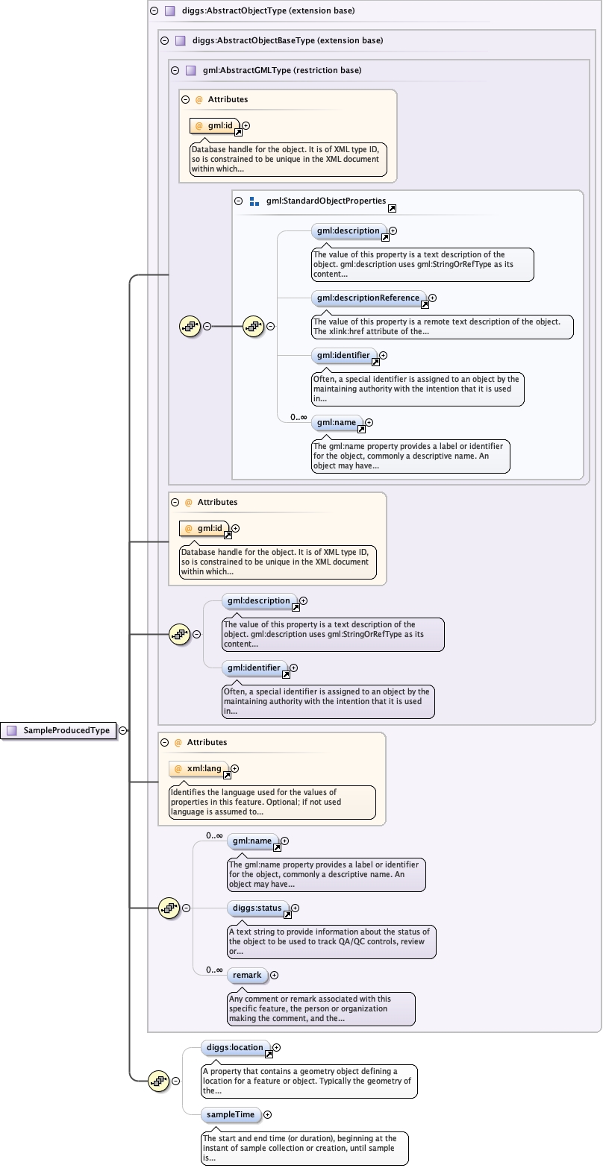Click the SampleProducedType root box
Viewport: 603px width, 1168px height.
pyautogui.click(x=60, y=731)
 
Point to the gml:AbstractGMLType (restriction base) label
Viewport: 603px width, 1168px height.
pyautogui.click(x=282, y=70)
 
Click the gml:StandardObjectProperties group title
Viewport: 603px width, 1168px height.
pyautogui.click(x=325, y=201)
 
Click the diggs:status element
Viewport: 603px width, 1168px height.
pyautogui.click(x=257, y=908)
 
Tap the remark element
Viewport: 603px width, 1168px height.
pyautogui.click(x=247, y=975)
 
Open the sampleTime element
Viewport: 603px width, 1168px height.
pyautogui.click(x=231, y=1115)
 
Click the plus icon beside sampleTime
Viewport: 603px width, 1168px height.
pyautogui.click(x=267, y=1115)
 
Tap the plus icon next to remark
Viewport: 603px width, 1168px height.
pyautogui.click(x=274, y=975)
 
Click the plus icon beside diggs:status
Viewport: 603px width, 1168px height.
pyautogui.click(x=295, y=908)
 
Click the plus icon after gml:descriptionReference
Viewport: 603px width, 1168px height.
pyautogui.click(x=432, y=298)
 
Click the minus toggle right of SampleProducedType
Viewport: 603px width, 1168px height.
pyautogui.click(x=122, y=731)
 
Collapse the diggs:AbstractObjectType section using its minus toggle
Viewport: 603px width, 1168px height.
pyautogui.click(x=154, y=11)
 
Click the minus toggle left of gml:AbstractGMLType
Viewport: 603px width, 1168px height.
pyautogui.click(x=175, y=70)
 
